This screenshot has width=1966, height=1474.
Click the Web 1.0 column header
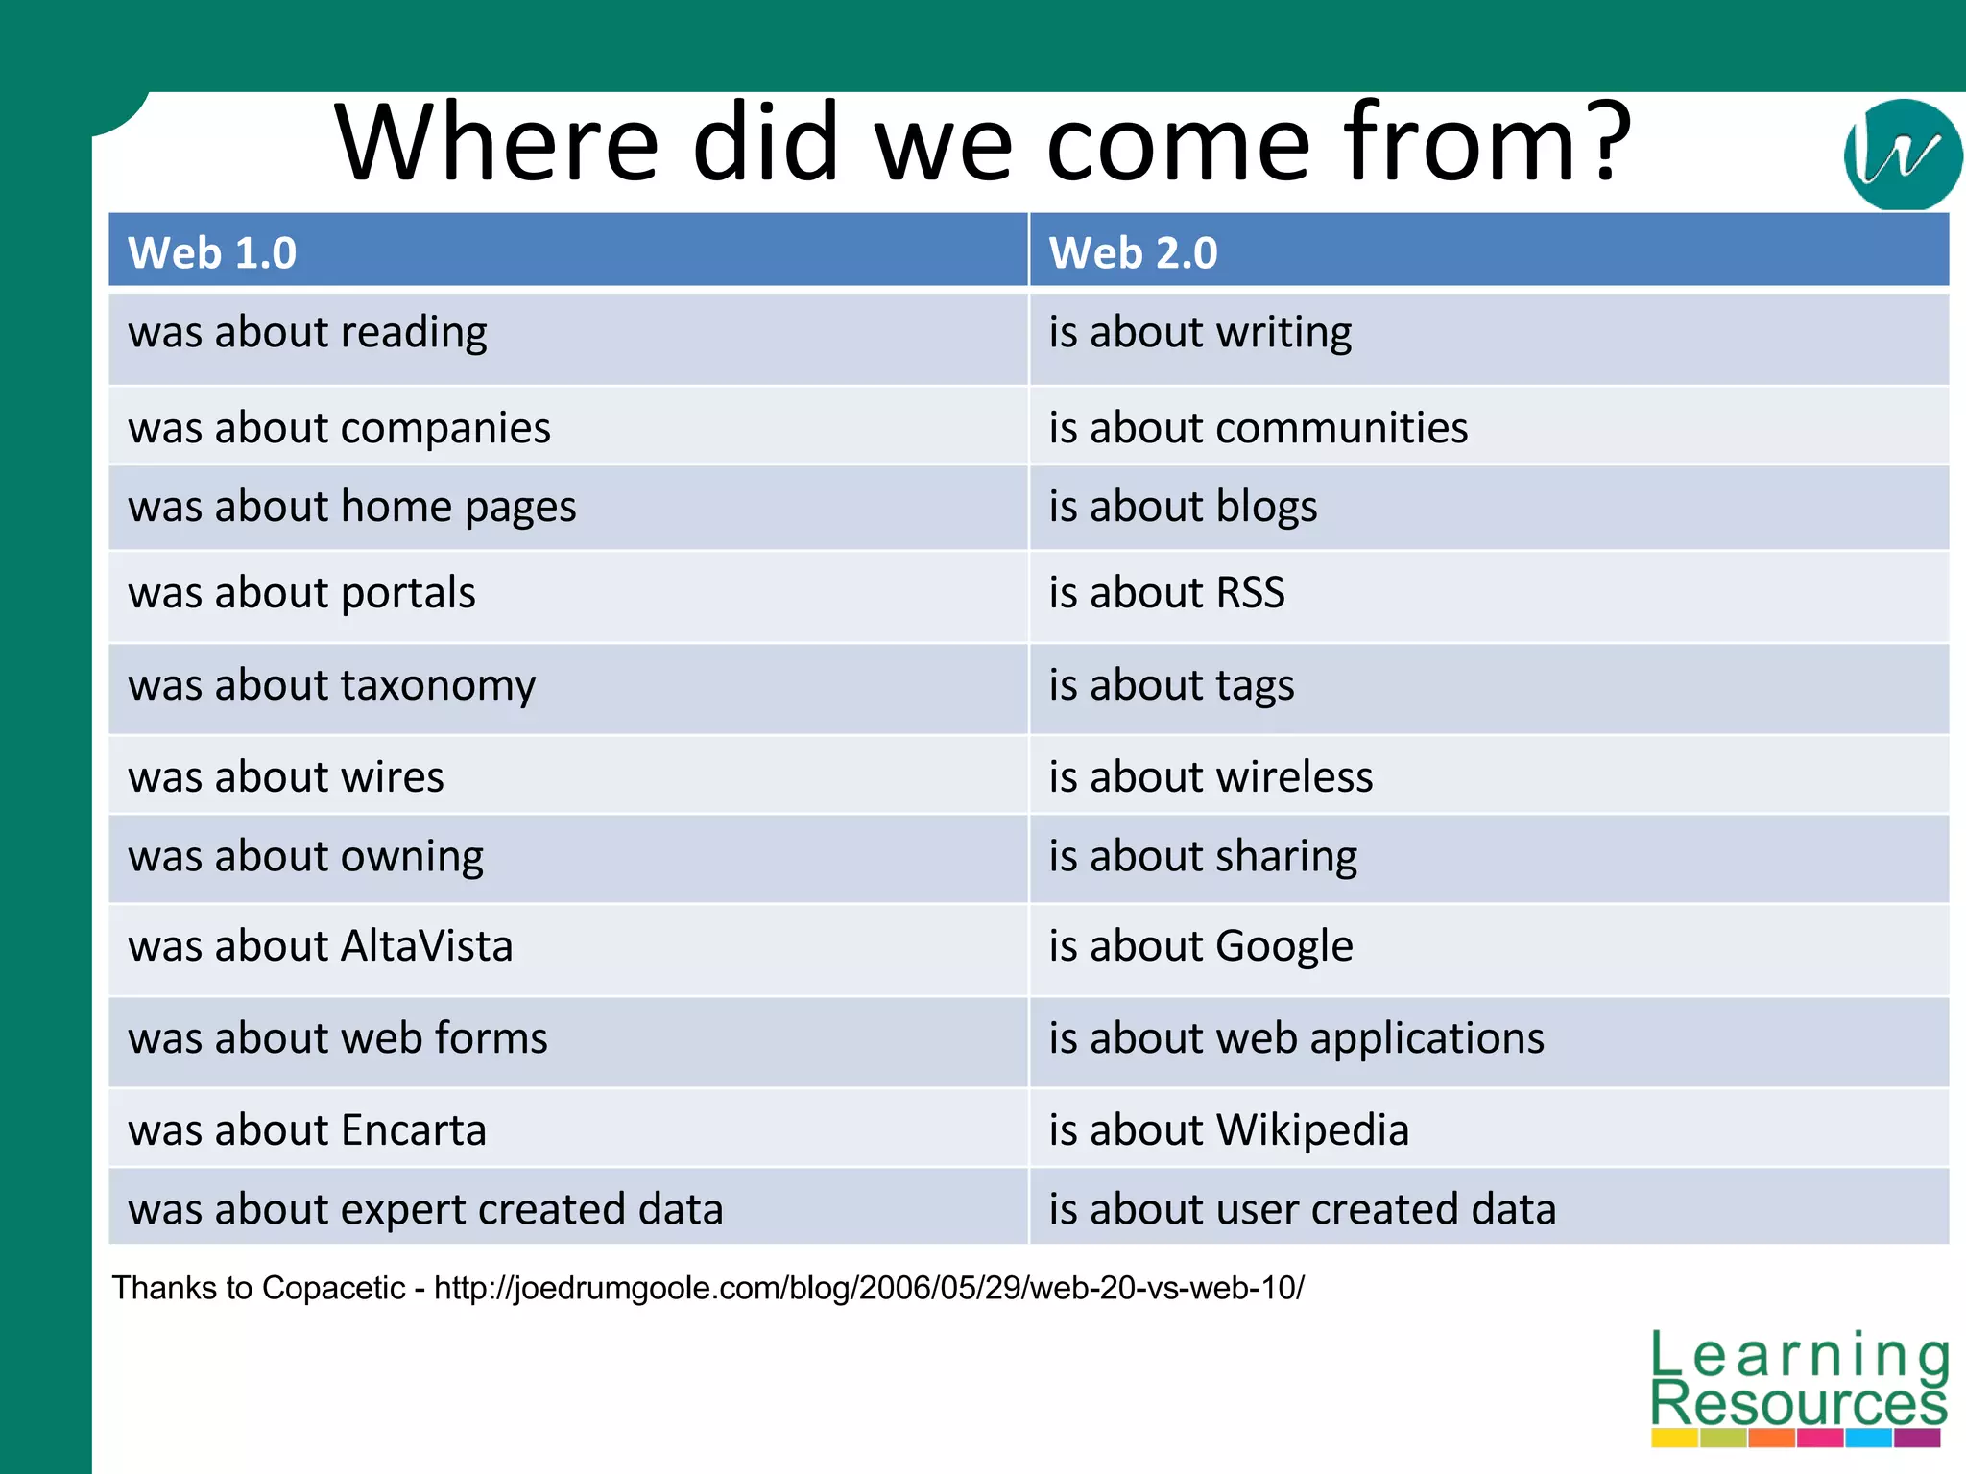pos(212,253)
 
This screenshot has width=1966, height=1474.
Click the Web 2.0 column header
pos(1133,253)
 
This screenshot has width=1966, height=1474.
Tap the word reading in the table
pos(414,333)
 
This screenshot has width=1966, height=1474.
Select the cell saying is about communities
pos(1258,428)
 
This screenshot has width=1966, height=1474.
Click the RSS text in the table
pos(1250,593)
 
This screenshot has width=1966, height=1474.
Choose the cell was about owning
pos(305,856)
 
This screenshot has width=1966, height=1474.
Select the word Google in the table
pos(1283,946)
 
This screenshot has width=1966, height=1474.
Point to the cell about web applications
pos(1296,1038)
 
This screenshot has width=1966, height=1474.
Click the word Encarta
pos(413,1130)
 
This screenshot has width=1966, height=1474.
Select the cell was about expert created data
pos(425,1209)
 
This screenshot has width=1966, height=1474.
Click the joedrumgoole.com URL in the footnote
pos(869,1288)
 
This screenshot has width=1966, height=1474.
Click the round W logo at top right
pos(1902,155)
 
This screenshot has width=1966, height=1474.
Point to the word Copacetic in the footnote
pos(333,1288)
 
